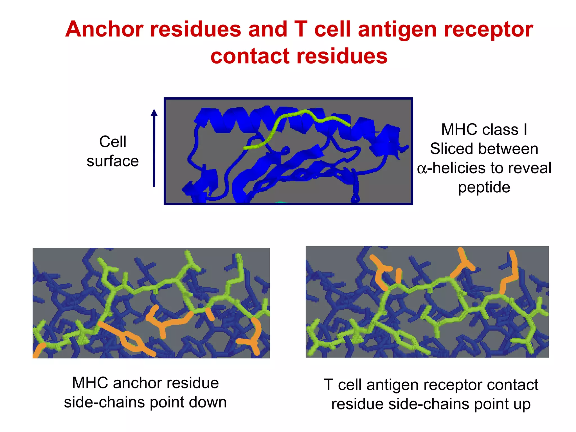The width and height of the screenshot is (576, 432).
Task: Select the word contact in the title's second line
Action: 250,56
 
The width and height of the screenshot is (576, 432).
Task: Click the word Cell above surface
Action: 112,141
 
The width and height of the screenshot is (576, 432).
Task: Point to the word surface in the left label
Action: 112,161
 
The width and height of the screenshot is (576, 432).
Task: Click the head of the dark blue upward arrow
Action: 154,113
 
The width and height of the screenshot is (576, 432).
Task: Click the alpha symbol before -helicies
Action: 422,169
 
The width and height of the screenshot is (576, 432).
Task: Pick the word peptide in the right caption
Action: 484,187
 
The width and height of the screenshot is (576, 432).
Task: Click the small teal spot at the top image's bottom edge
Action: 281,202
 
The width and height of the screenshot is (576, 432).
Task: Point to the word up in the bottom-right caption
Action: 522,404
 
